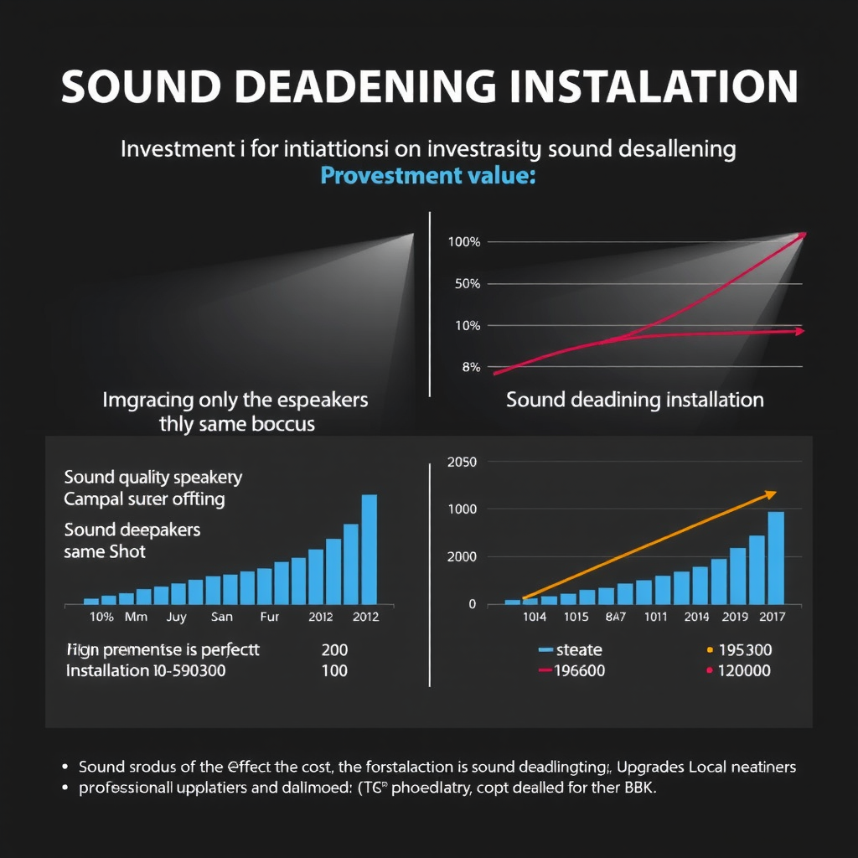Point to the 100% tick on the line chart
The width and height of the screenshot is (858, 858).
tap(464, 242)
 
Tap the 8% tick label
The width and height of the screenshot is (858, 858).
tap(470, 367)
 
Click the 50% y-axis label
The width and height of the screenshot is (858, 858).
tap(467, 284)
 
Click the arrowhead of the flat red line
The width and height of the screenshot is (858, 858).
tap(799, 331)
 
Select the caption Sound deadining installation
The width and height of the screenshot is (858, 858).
tap(634, 400)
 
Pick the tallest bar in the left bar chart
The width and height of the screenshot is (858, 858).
tap(369, 549)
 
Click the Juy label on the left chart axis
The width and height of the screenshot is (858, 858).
tap(176, 617)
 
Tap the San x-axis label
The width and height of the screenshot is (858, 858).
tap(222, 617)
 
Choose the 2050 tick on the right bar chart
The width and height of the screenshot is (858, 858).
tap(462, 462)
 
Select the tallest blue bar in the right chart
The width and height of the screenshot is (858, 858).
tap(776, 557)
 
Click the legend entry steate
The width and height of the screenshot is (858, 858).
tap(579, 649)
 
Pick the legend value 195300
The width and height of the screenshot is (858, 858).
tap(746, 649)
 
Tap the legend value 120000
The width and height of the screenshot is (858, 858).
tap(746, 670)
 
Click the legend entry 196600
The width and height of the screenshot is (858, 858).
tap(579, 670)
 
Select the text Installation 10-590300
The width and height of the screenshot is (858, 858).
tap(145, 671)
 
